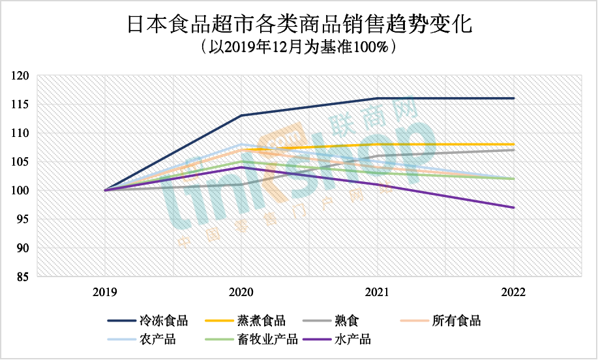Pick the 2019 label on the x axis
105,292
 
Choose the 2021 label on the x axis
377,292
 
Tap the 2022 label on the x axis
513,292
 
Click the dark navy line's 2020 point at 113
241,115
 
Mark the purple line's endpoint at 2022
514,207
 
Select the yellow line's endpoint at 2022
514,144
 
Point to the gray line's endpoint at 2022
514,150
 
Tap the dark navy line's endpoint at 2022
514,98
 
